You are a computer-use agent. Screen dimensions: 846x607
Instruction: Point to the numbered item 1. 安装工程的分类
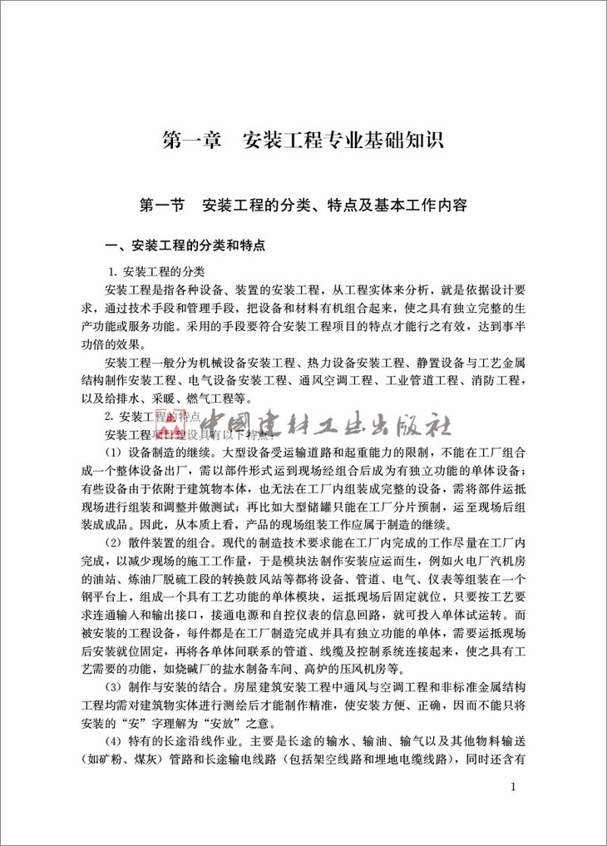click(x=158, y=272)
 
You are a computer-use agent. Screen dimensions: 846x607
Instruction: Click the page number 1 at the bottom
click(x=513, y=787)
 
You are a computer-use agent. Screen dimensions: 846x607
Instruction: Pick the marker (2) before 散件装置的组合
click(x=114, y=542)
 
